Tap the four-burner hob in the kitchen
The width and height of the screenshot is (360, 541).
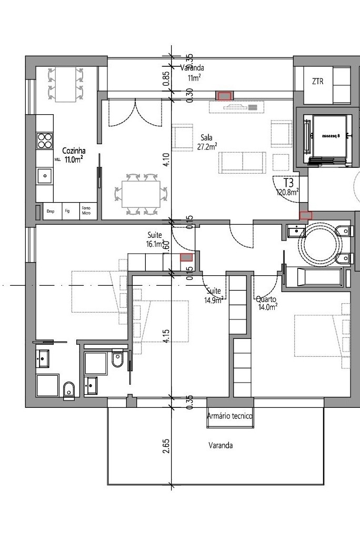click(44, 141)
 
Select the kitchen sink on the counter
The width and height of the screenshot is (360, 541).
click(44, 176)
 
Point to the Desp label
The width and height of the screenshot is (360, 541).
click(51, 211)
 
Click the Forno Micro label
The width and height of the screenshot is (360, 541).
click(86, 211)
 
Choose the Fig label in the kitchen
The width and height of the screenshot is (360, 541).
click(67, 211)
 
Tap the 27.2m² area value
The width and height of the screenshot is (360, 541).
click(207, 147)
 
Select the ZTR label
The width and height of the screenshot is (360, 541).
click(317, 82)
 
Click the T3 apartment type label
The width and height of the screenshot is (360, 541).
click(288, 183)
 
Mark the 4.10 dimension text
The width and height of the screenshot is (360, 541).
click(166, 159)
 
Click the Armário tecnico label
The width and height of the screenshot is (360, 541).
click(230, 416)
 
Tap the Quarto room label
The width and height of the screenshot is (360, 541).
click(265, 299)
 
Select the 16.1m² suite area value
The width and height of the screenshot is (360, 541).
click(156, 245)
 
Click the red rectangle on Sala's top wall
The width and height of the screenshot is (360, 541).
click(225, 96)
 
